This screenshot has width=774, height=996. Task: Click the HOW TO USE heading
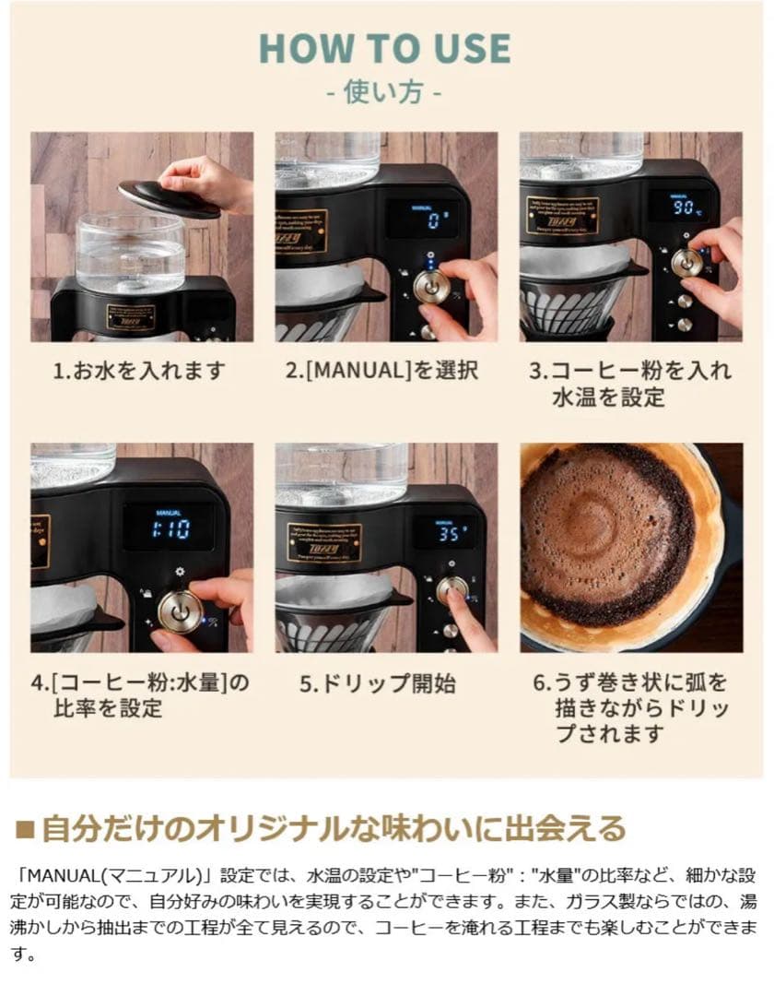[x=386, y=48]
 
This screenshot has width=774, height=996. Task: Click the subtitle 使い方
[x=386, y=93]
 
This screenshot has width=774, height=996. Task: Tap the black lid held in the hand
[x=169, y=197]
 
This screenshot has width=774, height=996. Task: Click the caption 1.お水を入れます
[x=139, y=371]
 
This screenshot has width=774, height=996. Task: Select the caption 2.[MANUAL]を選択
[x=381, y=371]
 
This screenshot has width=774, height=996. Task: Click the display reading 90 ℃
[x=682, y=207]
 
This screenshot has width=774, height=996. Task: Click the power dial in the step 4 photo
[x=179, y=610]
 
